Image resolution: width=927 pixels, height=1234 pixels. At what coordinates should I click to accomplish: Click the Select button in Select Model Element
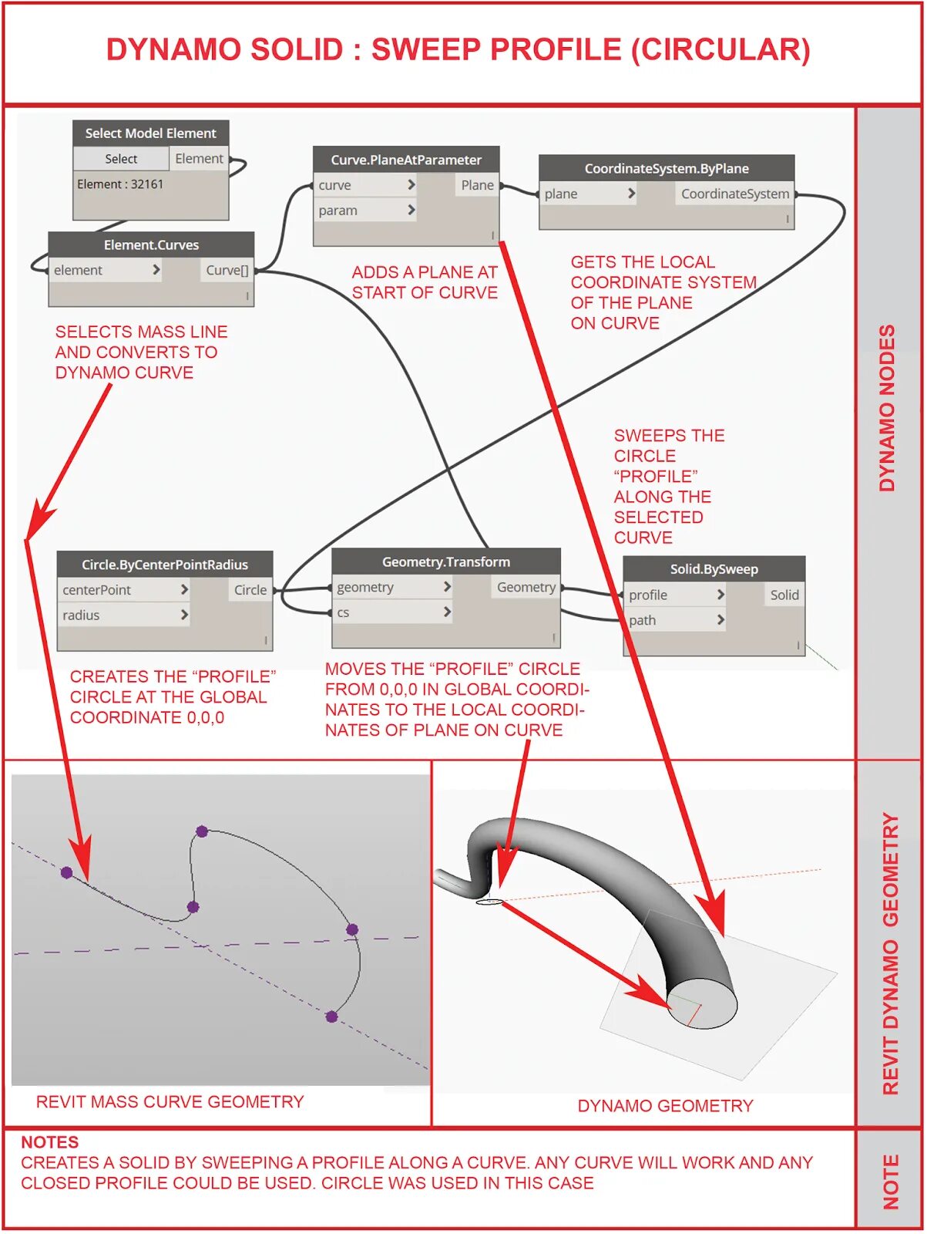point(121,159)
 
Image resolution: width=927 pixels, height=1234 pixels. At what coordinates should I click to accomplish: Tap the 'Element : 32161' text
point(120,184)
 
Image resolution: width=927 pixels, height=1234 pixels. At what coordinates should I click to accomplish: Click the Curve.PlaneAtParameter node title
point(406,160)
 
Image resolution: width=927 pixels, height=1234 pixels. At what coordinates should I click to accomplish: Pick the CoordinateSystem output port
point(734,194)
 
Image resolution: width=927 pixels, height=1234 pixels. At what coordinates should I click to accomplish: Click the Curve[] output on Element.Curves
point(227,270)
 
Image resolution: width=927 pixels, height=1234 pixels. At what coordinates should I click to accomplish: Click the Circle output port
point(250,590)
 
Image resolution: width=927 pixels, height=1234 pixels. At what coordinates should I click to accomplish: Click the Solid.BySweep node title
point(714,569)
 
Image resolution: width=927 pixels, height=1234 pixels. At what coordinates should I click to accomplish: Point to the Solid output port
point(784,595)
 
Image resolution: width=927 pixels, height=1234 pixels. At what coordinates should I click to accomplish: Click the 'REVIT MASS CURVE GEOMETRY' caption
point(170,1102)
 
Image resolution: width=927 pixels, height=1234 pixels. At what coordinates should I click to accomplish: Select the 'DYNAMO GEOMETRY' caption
point(665,1106)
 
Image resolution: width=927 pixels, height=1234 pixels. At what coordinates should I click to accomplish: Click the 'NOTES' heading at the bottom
point(50,1142)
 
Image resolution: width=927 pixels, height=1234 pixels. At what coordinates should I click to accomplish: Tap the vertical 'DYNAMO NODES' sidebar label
point(888,408)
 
